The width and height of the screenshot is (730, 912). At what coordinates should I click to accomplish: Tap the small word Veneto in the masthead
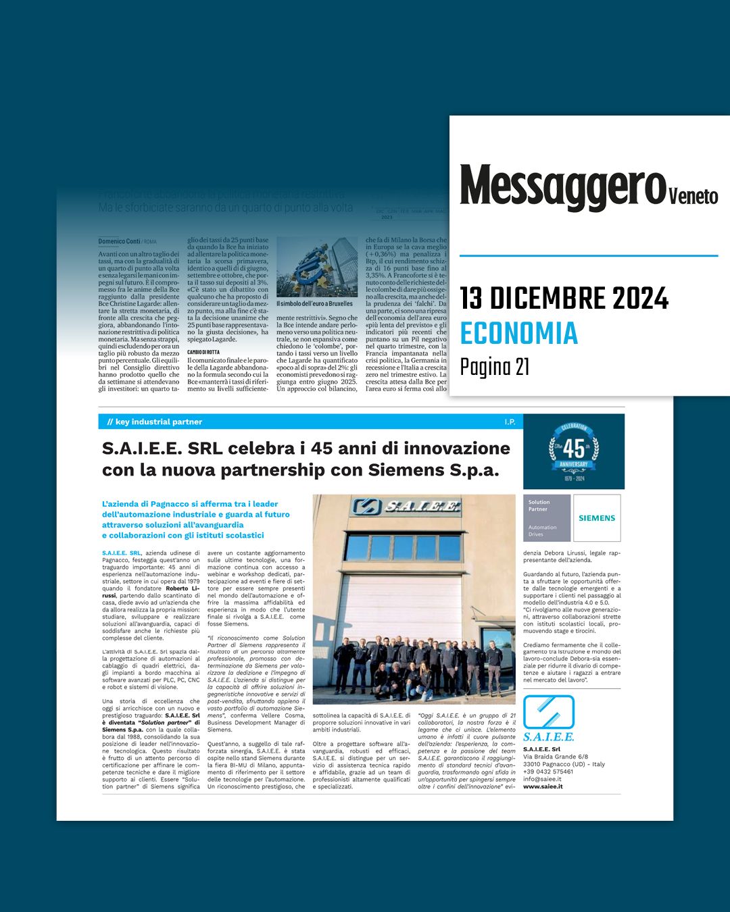(x=693, y=196)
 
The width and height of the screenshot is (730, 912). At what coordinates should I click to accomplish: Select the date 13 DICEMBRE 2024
(x=564, y=298)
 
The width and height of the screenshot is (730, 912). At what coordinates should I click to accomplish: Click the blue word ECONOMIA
(x=519, y=333)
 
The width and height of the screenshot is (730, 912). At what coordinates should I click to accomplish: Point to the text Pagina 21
(x=495, y=367)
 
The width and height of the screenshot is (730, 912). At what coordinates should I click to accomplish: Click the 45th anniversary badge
(x=574, y=451)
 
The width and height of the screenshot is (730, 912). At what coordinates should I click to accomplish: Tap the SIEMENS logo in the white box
(x=597, y=518)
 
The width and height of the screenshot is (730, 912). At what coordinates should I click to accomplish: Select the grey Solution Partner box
(x=547, y=518)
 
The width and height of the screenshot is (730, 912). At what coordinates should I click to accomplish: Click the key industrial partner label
(x=159, y=422)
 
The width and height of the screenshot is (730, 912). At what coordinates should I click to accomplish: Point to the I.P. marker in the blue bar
(x=510, y=422)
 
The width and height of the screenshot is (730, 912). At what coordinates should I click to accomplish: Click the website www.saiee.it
(x=543, y=786)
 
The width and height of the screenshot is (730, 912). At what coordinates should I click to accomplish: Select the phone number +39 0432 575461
(x=548, y=771)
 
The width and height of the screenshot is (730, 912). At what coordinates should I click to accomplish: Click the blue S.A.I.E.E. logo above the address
(x=548, y=718)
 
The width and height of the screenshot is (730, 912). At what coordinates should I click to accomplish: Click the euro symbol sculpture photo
(x=317, y=267)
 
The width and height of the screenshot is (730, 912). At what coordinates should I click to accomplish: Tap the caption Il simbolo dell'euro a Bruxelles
(x=314, y=304)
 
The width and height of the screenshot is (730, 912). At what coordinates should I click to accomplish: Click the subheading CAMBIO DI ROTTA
(x=203, y=352)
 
